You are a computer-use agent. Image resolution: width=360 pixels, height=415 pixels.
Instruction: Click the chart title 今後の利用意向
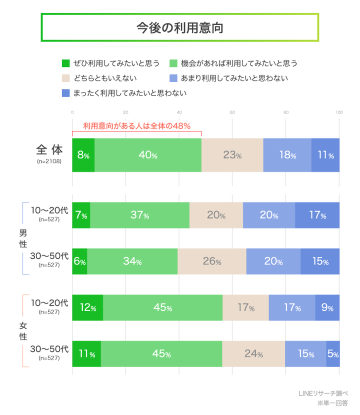(179, 27)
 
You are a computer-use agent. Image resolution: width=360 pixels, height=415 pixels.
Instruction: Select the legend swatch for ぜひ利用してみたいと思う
(65, 63)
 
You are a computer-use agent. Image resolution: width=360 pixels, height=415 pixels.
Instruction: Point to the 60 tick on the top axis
(232, 112)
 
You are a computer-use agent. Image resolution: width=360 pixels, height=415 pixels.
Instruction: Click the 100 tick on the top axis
(338, 112)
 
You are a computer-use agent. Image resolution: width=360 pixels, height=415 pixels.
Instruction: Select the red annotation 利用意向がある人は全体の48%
(136, 126)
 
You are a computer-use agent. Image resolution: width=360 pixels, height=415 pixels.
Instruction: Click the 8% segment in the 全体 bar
(83, 155)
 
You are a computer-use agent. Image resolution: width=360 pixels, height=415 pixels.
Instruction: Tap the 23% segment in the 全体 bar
(232, 155)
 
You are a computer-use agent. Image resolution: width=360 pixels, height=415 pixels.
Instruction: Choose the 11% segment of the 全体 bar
(325, 155)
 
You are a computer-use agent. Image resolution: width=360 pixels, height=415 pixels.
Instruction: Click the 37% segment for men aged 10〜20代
(140, 215)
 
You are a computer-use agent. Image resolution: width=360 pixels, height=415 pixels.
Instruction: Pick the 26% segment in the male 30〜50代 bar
(211, 261)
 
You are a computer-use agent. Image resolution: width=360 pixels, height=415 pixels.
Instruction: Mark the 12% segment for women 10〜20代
(87, 307)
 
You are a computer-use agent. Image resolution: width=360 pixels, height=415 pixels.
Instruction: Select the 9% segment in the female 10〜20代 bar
(327, 307)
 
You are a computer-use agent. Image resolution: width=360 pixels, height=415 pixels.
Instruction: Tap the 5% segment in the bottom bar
(333, 354)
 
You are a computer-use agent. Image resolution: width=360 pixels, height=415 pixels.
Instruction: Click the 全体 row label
(49, 149)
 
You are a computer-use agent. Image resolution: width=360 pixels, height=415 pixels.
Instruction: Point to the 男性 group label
(23, 238)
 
